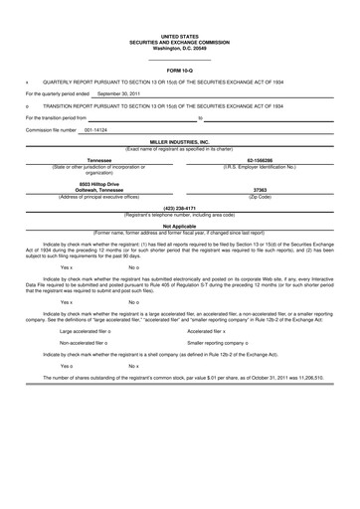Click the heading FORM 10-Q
point(180,72)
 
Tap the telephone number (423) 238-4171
point(180,207)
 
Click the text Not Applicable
point(180,226)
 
